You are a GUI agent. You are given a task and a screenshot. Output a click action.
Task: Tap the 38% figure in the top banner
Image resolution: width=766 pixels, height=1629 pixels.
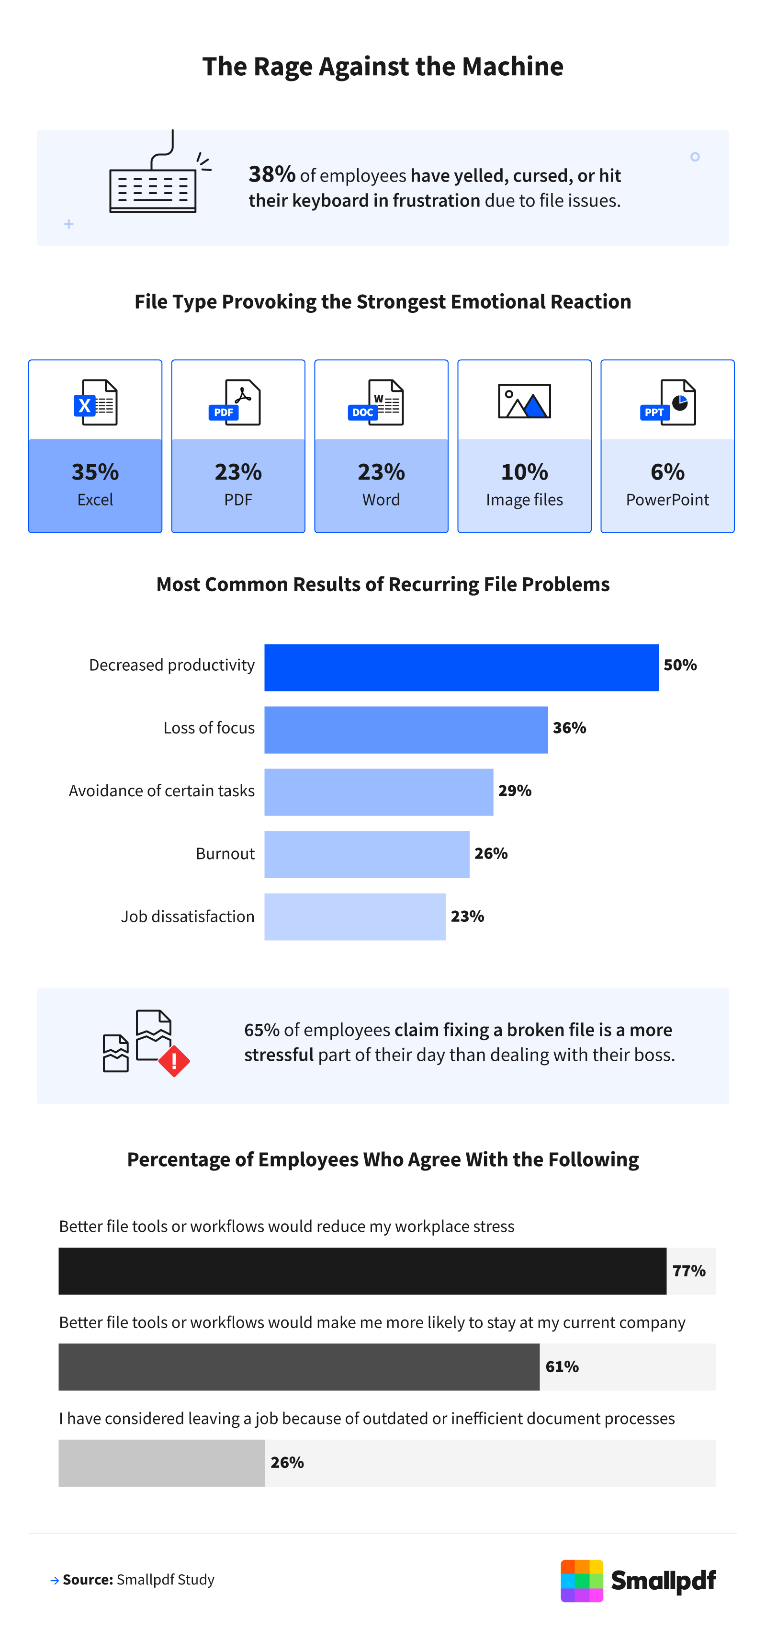click(272, 174)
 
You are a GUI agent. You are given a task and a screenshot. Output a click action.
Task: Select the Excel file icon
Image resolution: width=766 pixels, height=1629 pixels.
click(95, 402)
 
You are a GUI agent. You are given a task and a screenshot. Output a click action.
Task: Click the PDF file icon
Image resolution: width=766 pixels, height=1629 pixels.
click(235, 402)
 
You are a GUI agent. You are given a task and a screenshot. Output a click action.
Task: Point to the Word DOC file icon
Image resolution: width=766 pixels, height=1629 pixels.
click(376, 402)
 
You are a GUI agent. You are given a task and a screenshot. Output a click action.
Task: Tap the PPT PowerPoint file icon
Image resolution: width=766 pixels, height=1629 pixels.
click(668, 402)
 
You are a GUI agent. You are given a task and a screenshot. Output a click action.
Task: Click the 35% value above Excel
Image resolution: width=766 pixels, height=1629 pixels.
click(95, 472)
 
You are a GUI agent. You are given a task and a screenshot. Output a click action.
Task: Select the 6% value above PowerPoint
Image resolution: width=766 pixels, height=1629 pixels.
click(667, 472)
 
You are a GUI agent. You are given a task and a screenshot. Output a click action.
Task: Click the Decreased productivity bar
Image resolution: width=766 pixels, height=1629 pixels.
click(462, 667)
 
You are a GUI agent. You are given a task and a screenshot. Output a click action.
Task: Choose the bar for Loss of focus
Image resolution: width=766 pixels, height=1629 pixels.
click(406, 730)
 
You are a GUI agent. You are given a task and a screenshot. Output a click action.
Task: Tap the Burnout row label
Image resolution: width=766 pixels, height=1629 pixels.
click(225, 854)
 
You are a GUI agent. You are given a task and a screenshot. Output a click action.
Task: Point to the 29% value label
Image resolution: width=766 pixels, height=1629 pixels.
click(515, 791)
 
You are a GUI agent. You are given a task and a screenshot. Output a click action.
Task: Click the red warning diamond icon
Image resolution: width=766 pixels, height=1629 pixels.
click(174, 1060)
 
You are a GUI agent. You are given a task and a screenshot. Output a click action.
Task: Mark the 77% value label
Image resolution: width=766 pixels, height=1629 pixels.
click(689, 1271)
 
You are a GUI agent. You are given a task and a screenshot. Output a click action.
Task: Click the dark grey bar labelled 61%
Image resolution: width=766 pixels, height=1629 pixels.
click(299, 1366)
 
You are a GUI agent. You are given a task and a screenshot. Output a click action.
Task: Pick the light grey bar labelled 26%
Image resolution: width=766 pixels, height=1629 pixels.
click(162, 1463)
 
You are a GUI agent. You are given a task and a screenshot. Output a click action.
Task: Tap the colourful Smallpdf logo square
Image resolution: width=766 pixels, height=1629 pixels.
click(582, 1580)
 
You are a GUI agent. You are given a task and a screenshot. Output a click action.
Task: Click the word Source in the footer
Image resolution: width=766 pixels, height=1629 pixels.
click(88, 1579)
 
